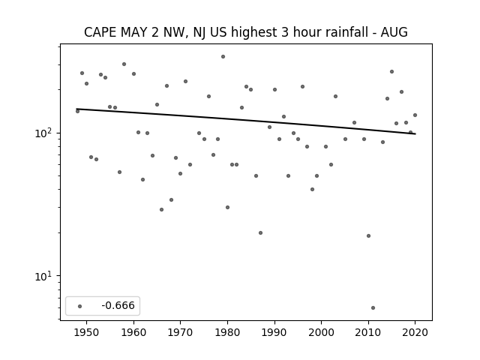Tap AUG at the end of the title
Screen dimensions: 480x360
(394, 32)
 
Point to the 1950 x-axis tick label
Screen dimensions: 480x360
(86, 332)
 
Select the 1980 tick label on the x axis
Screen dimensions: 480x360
(227, 332)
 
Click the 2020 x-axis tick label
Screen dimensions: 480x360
(415, 332)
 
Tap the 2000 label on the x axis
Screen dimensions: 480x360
(321, 332)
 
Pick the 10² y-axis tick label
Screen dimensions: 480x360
(45, 133)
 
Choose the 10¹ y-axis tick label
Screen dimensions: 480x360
(45, 277)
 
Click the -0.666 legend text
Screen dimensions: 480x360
(118, 305)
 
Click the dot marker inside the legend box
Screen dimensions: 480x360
(80, 306)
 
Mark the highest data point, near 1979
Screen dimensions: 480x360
(223, 57)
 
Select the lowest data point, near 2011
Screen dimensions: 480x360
(373, 308)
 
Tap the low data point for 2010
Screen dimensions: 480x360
(368, 235)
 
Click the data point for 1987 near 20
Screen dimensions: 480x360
(260, 233)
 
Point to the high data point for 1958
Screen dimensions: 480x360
(124, 64)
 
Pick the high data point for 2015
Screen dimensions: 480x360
(391, 72)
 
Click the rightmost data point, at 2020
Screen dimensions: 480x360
(415, 115)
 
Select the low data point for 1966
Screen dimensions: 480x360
(162, 210)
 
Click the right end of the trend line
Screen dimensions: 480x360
(415, 133)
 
